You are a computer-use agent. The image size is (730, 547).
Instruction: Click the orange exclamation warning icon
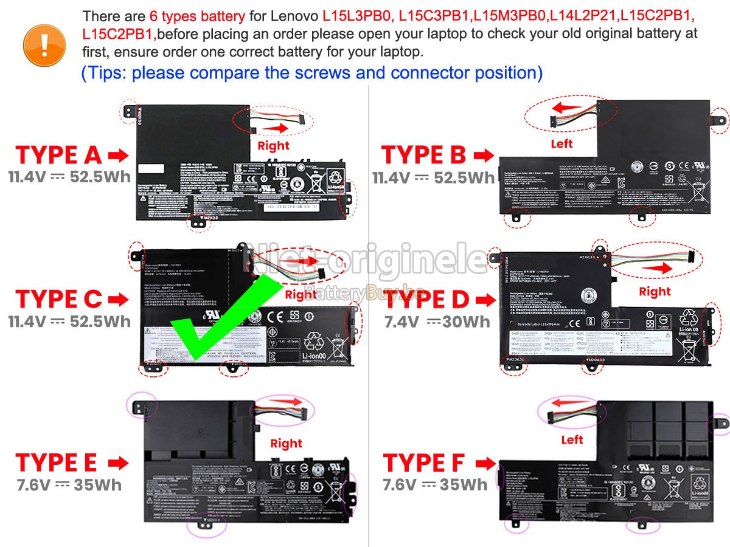pyautogui.click(x=44, y=42)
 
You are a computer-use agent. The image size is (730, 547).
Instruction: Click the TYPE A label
pyautogui.click(x=58, y=156)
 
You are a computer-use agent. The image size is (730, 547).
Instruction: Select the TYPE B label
pyautogui.click(x=423, y=156)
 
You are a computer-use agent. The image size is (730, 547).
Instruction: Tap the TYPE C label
pyautogui.click(x=58, y=299)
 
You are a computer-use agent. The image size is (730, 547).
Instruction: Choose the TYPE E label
pyautogui.click(x=56, y=463)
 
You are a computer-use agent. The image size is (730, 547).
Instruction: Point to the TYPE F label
pyautogui.click(x=424, y=463)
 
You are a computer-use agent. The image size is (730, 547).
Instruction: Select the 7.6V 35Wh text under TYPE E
pyautogui.click(x=69, y=484)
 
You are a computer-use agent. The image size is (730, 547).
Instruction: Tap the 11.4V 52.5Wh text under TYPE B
pyautogui.click(x=434, y=177)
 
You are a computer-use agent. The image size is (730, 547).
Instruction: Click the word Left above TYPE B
pyautogui.click(x=561, y=144)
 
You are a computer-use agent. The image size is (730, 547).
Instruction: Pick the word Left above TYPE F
pyautogui.click(x=572, y=439)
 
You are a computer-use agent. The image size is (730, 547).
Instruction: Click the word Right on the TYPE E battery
pyautogui.click(x=286, y=444)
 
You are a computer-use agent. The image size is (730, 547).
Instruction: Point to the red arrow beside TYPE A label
pyautogui.click(x=119, y=156)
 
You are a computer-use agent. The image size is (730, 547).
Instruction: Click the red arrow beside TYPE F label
pyautogui.click(x=484, y=464)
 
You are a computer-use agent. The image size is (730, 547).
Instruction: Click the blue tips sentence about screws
pyautogui.click(x=311, y=73)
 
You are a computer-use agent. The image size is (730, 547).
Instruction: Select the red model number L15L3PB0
pyautogui.click(x=358, y=16)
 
